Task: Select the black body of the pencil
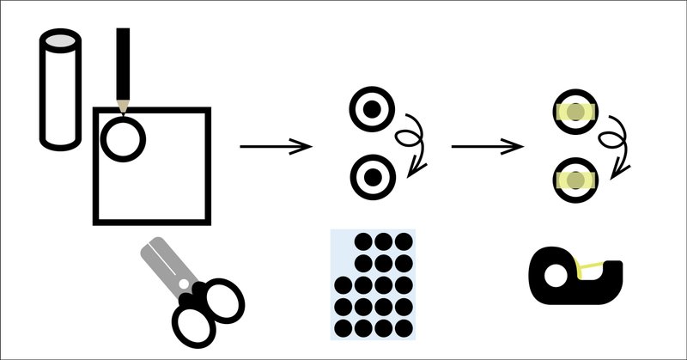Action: (x=124, y=64)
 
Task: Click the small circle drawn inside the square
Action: (x=124, y=137)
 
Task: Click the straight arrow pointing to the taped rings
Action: (x=487, y=147)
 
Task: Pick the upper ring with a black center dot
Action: (x=372, y=109)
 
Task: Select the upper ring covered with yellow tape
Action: (x=573, y=112)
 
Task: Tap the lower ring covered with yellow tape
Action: (x=573, y=179)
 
